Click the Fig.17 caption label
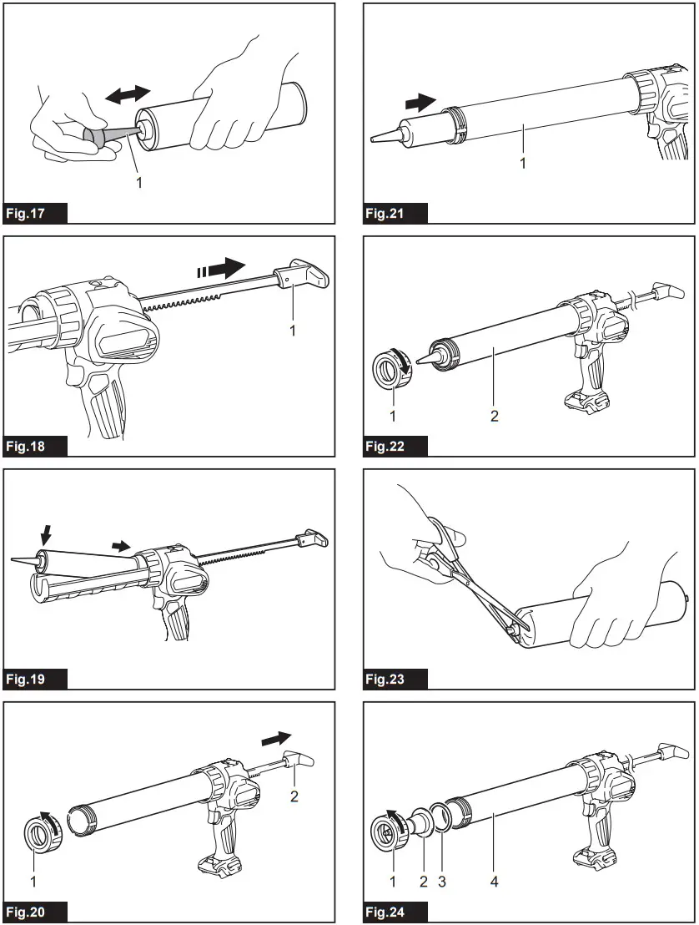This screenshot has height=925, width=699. tap(36, 213)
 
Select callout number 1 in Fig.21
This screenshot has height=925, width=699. tap(523, 164)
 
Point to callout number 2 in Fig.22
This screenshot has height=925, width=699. tap(495, 415)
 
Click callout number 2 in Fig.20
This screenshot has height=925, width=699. tap(294, 796)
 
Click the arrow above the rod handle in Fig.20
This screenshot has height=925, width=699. tap(276, 739)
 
